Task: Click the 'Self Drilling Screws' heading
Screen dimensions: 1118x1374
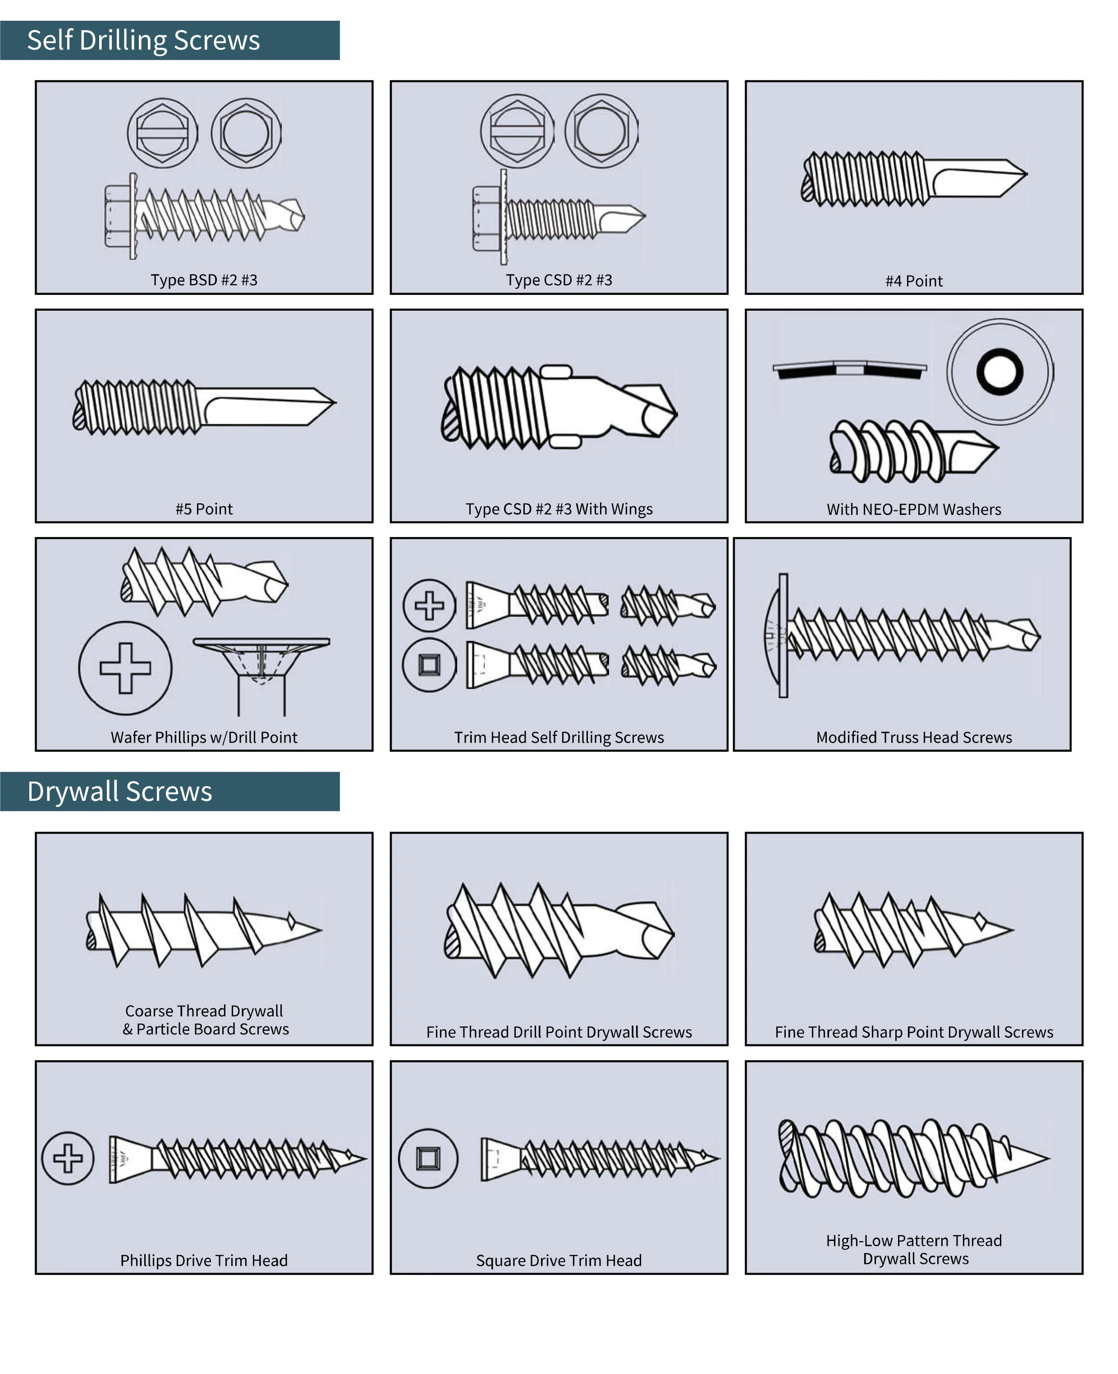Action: [x=143, y=41]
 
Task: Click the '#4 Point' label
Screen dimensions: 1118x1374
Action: [x=913, y=281]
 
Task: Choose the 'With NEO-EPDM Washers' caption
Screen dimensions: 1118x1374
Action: [x=913, y=510]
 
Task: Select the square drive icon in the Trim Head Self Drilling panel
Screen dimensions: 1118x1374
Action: [x=429, y=664]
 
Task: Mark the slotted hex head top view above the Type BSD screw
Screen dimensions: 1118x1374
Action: [x=162, y=133]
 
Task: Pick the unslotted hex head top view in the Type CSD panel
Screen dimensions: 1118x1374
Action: [x=601, y=131]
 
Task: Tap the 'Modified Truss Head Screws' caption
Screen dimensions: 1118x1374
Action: [x=913, y=738]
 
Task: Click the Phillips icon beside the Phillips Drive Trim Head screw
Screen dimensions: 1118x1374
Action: [x=68, y=1158]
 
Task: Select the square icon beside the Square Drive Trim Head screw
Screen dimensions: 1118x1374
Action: [x=428, y=1158]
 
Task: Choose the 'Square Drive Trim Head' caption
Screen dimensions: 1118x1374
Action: [x=559, y=1261]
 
